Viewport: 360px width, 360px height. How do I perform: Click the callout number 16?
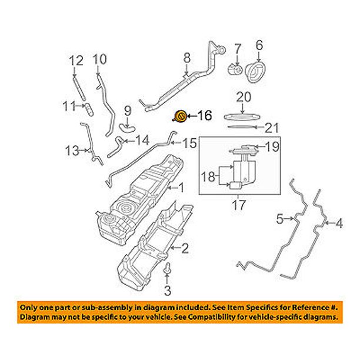pos(204,116)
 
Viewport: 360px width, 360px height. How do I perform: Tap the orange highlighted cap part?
pos(181,116)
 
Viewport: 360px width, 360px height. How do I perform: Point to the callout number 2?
pos(185,249)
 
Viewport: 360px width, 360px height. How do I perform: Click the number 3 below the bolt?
pos(166,290)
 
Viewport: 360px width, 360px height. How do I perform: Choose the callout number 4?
pos(338,223)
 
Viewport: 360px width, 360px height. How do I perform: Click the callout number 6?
pos(259,44)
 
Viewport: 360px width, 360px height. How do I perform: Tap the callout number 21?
pos(269,127)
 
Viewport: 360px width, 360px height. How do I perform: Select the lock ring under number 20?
pos(242,115)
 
